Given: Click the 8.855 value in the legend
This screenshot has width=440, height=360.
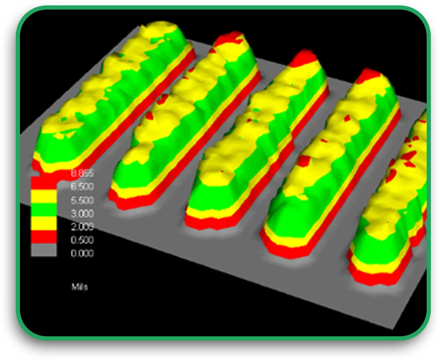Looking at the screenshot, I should [x=82, y=174].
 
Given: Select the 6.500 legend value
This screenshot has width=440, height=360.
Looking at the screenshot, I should [x=82, y=186].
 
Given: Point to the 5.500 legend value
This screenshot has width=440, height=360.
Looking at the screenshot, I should [x=82, y=200].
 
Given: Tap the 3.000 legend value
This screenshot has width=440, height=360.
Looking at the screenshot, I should [x=82, y=213].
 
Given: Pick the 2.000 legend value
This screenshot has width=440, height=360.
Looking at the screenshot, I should [x=82, y=227].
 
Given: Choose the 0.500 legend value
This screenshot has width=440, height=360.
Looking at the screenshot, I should [x=82, y=240].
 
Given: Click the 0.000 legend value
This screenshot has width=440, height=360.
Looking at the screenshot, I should [x=82, y=253].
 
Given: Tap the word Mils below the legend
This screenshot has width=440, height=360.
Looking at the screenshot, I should [x=79, y=287].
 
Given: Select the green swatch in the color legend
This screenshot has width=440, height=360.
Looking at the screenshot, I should [x=44, y=209].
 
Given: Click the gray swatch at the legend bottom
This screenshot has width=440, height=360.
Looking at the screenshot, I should [x=44, y=250].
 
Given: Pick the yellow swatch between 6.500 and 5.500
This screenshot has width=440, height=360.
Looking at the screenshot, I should [x=44, y=196].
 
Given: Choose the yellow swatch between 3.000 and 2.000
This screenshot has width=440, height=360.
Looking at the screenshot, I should [x=44, y=223].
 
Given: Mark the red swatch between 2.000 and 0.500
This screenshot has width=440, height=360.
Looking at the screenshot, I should [x=44, y=237].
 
